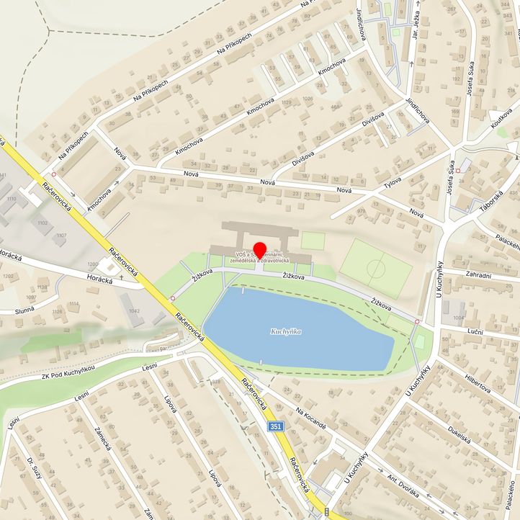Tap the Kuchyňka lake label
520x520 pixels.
click(286, 331)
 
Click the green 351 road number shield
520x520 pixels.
click(275, 427)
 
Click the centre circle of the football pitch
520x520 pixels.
click(376, 270)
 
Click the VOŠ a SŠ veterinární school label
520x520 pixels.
click(261, 257)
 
